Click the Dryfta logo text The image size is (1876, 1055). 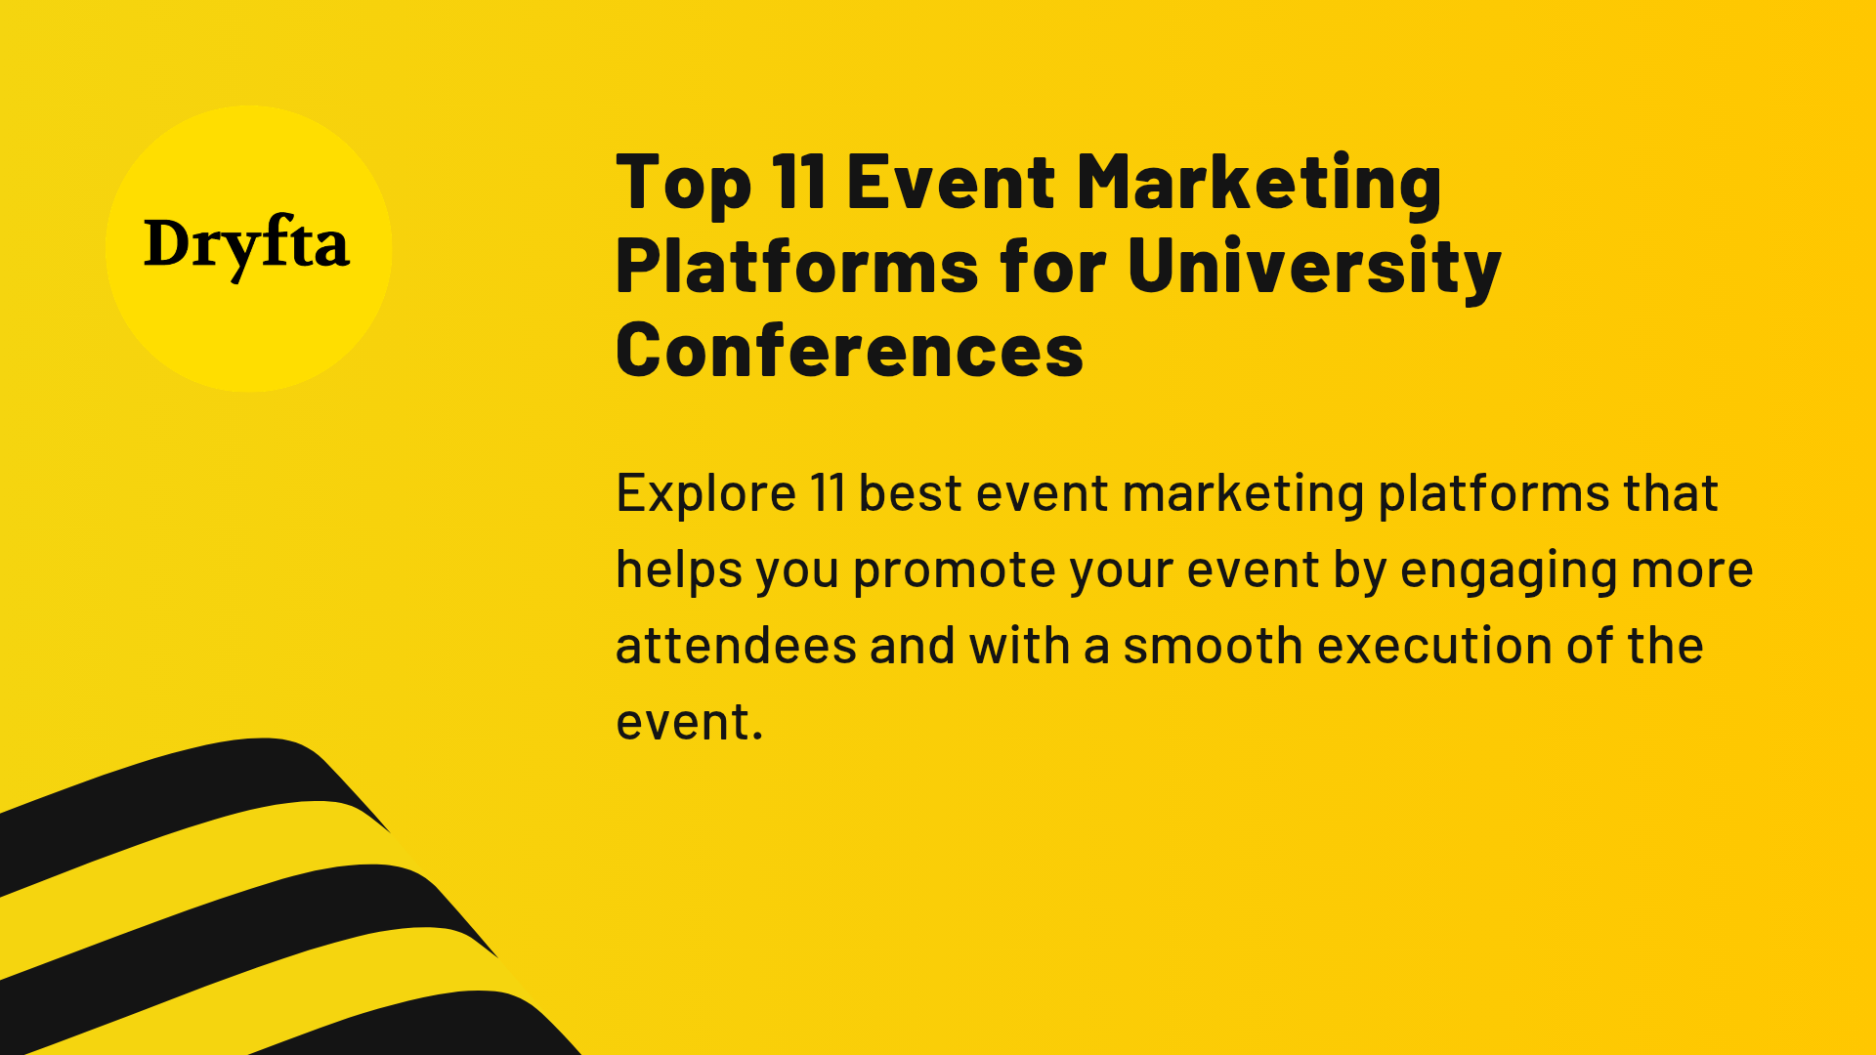246,245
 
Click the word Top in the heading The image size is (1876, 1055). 683,183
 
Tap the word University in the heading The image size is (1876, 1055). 1313,267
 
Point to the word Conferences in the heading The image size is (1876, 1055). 849,350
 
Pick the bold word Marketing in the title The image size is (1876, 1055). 1258,183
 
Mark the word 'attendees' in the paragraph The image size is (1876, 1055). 736,646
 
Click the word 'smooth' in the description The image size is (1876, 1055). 1213,646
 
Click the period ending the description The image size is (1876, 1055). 757,738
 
